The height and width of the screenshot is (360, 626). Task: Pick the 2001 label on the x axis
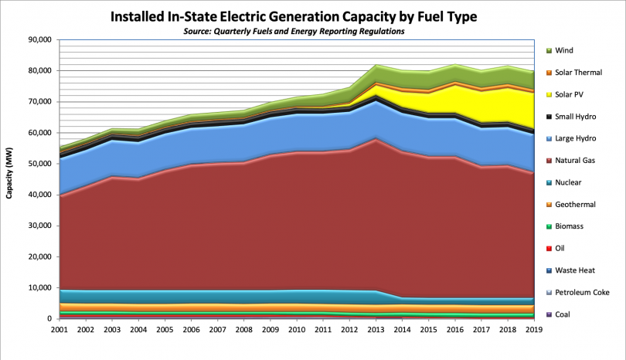[60, 330]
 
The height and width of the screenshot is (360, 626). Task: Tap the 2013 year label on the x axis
[376, 330]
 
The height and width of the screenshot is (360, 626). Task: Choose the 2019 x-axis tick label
[533, 330]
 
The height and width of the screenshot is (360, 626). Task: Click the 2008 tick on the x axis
[244, 330]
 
